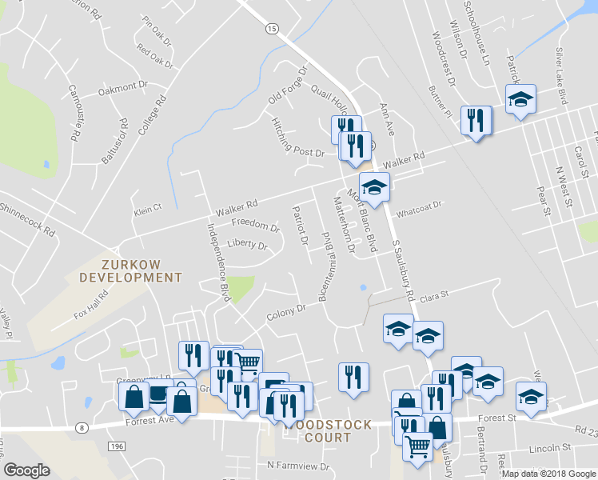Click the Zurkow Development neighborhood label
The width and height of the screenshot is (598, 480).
click(x=131, y=270)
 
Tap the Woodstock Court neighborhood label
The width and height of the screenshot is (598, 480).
click(x=328, y=431)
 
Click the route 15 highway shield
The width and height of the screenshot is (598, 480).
click(x=272, y=28)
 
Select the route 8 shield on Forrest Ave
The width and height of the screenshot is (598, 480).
click(x=82, y=428)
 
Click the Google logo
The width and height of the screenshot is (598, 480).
click(x=26, y=470)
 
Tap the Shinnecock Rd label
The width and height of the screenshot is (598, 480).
click(x=29, y=219)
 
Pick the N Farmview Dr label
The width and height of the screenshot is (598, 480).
click(x=298, y=466)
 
